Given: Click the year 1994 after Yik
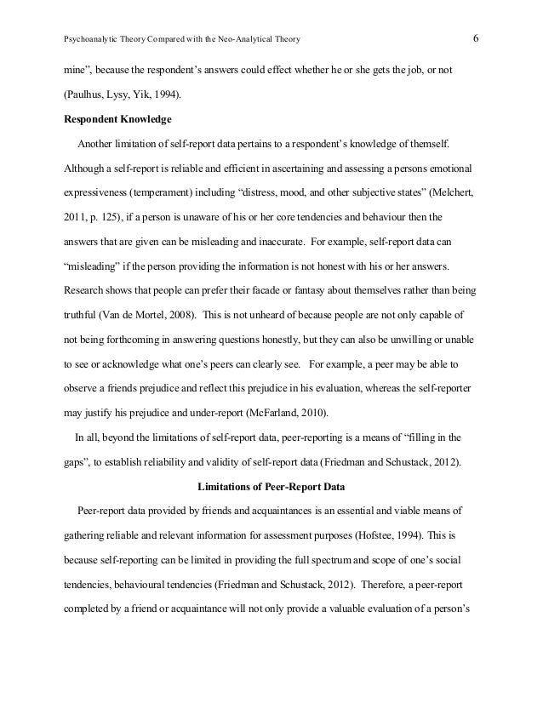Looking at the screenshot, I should click(x=163, y=93).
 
